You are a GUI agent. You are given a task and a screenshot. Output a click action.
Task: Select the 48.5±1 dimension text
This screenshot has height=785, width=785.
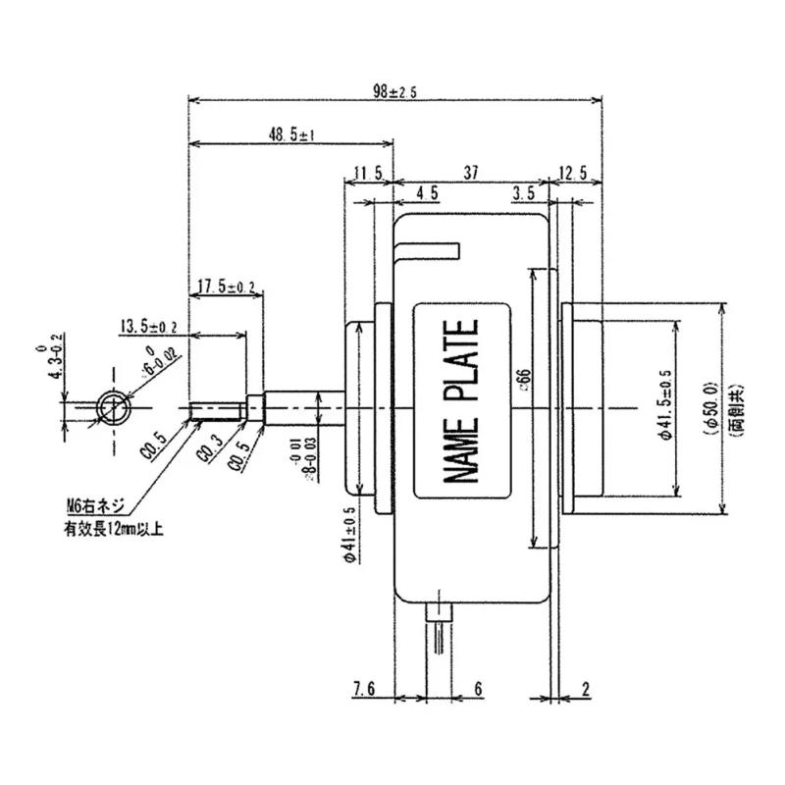pyautogui.click(x=290, y=136)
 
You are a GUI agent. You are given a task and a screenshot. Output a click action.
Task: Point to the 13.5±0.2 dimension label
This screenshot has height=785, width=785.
pyautogui.click(x=148, y=326)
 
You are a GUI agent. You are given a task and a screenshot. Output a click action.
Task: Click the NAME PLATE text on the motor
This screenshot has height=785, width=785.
pyautogui.click(x=462, y=400)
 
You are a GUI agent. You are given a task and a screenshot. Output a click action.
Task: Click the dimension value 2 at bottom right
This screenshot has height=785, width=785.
pyautogui.click(x=585, y=690)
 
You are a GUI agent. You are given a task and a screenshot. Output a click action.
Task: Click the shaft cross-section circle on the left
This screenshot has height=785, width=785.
pyautogui.click(x=112, y=404)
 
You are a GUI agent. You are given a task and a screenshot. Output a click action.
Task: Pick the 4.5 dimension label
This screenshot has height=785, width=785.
pyautogui.click(x=427, y=193)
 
